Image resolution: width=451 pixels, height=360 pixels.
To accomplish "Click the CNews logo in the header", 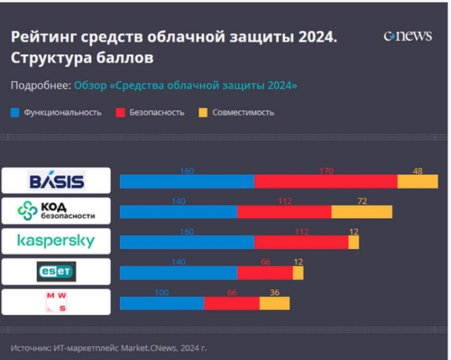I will [x=407, y=36].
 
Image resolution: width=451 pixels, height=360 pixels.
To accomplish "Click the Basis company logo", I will [x=56, y=181].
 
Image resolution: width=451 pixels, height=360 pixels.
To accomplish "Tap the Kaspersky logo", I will [x=56, y=241].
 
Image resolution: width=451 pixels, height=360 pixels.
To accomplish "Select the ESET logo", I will [x=56, y=271].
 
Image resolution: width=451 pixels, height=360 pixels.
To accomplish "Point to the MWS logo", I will [x=56, y=302].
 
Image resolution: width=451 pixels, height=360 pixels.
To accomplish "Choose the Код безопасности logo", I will [x=56, y=211].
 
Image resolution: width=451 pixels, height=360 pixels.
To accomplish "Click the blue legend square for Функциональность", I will [x=15, y=112].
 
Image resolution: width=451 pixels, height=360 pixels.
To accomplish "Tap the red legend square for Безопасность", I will [x=120, y=112].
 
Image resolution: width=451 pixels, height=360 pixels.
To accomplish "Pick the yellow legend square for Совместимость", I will [x=202, y=112].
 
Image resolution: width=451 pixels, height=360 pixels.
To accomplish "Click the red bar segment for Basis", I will [x=325, y=181].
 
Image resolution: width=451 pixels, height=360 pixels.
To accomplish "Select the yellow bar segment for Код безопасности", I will [x=362, y=212].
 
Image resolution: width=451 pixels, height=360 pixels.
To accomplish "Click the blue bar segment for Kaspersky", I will [x=187, y=242].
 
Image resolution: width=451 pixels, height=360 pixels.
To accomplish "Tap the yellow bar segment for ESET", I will [x=298, y=272].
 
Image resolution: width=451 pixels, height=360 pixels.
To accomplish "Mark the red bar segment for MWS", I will [x=232, y=303].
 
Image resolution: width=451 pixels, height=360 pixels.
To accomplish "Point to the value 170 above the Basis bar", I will [x=326, y=171].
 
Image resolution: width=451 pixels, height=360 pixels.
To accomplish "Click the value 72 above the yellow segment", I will [x=362, y=201].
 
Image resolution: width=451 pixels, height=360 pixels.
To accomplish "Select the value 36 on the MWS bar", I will [x=274, y=292].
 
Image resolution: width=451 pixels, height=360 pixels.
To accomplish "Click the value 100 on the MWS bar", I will [x=162, y=292].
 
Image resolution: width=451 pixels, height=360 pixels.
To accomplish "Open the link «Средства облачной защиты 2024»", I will [x=186, y=85].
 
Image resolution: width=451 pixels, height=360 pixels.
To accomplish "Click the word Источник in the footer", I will [x=29, y=347].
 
